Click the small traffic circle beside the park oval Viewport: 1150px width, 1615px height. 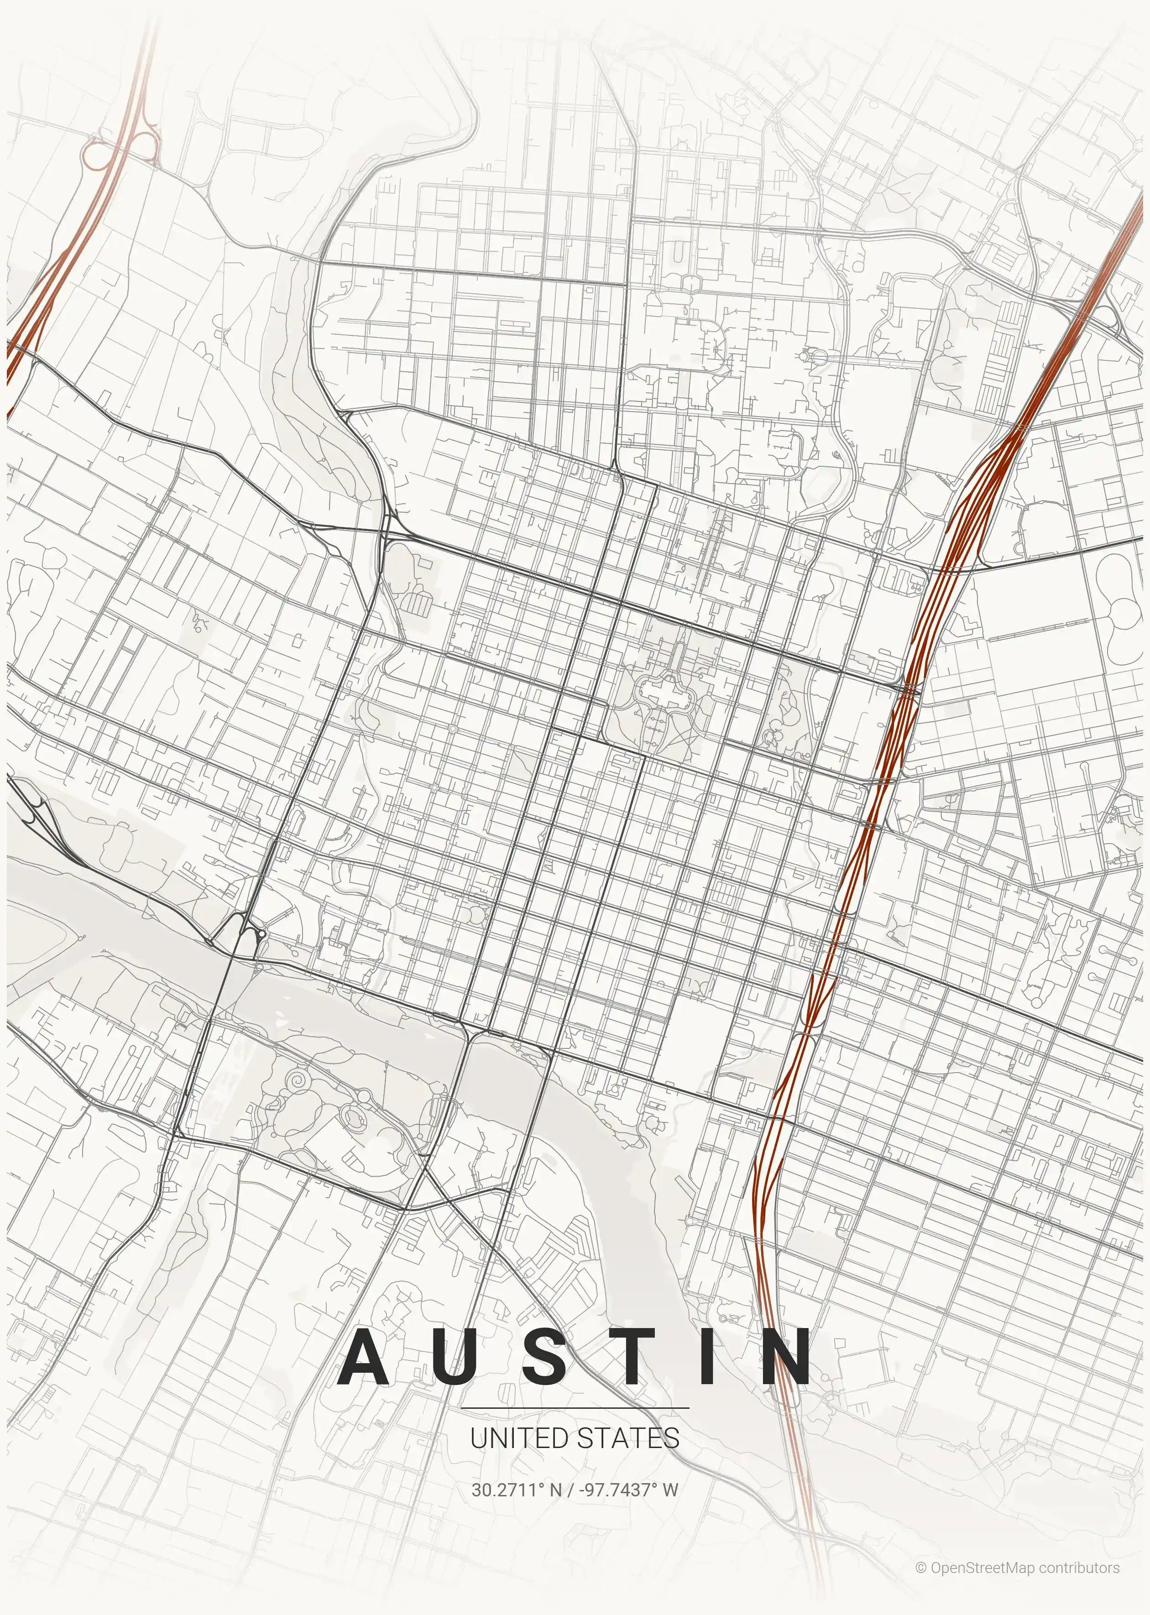pos(365,1095)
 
